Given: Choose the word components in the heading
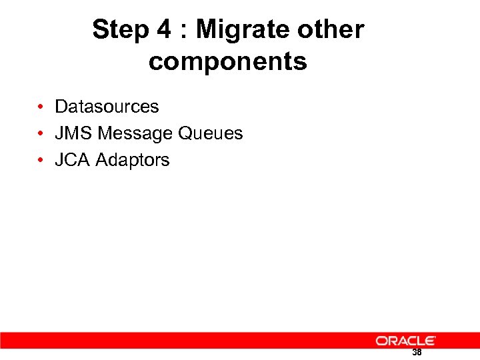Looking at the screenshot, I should [228, 62].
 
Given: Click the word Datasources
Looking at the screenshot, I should [107, 107].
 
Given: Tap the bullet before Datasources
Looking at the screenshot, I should [41, 107].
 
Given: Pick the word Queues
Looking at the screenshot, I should [210, 133].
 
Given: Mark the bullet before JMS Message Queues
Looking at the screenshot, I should [41, 133].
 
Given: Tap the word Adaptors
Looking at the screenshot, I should [133, 160].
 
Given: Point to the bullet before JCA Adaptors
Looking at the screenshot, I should [41, 160].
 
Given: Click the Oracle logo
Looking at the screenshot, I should [406, 341].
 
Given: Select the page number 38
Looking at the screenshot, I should [417, 353].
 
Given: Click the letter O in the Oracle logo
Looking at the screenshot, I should [382, 341].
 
